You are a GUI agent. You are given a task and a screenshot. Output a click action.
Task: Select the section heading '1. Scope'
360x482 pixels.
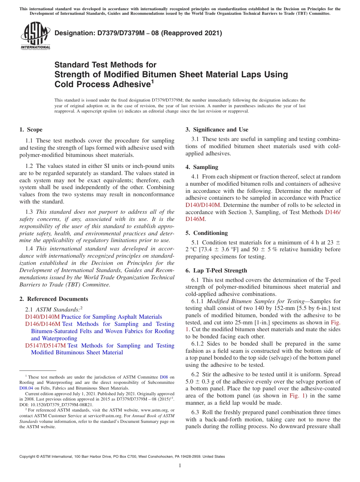pos(31,130)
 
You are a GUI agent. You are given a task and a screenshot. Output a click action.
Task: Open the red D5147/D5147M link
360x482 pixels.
pos(45,346)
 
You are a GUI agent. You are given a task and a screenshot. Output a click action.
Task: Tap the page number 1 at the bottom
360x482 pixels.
pos(180,466)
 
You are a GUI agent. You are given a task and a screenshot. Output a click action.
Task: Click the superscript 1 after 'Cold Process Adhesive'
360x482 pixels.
pos(152,81)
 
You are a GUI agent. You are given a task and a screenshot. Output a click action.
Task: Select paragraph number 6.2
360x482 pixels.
pos(196,374)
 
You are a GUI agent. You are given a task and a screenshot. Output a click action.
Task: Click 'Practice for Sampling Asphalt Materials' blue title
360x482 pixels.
pos(111,317)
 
